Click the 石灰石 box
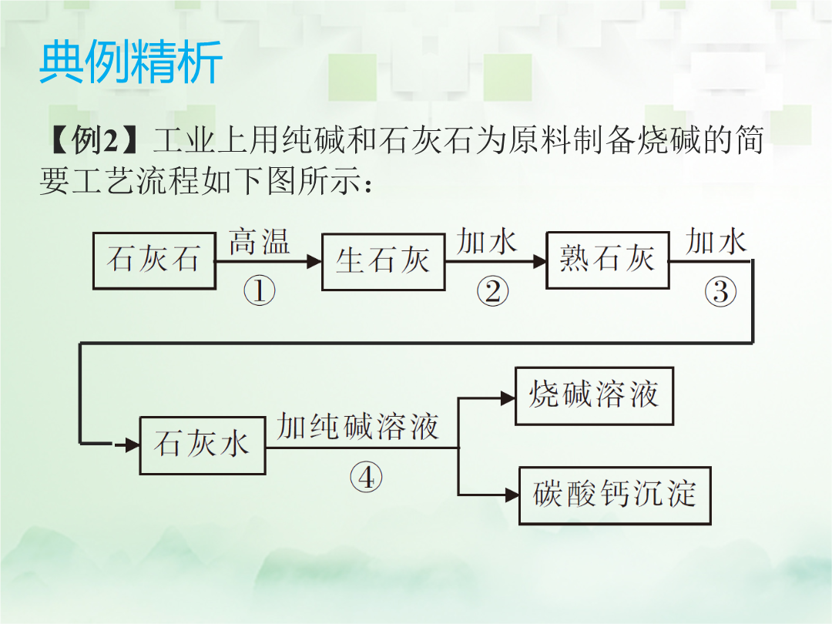[x=154, y=260]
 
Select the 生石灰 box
[x=383, y=262]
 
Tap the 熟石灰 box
[x=608, y=260]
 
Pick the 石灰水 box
[x=202, y=445]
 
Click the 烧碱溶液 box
[x=594, y=396]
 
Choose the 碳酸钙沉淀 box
[x=615, y=495]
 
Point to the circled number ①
[x=260, y=290]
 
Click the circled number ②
[x=492, y=291]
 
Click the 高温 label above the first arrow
[x=260, y=242]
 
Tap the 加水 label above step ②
[x=487, y=241]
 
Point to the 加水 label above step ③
[x=716, y=241]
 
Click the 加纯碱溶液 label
[x=357, y=427]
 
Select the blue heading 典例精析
[x=130, y=62]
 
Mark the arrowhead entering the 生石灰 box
[x=314, y=261]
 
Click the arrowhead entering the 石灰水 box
[x=133, y=445]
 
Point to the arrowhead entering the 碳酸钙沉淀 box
[x=512, y=495]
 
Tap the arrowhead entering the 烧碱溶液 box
[x=508, y=398]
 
